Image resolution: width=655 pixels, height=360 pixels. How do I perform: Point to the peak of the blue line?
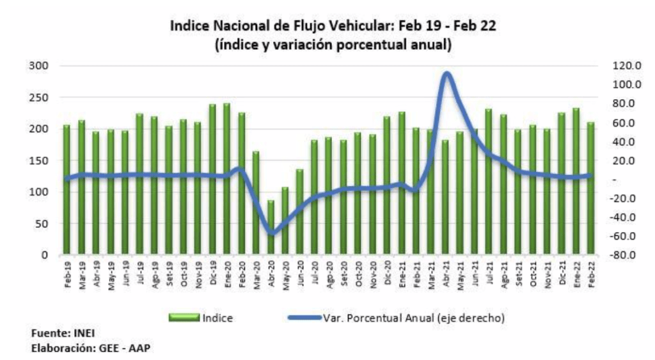point(447,74)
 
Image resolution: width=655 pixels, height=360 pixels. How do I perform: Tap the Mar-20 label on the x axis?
point(256,273)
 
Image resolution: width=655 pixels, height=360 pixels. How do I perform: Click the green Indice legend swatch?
point(185,318)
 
